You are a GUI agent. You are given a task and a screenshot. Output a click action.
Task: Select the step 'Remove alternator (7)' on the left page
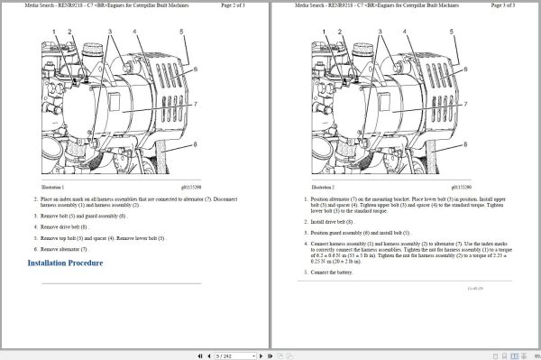[65, 248]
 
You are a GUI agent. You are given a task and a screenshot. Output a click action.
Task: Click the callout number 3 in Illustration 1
[108, 31]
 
